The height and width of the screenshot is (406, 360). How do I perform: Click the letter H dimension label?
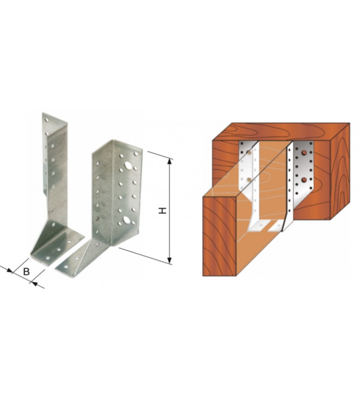tap(162, 211)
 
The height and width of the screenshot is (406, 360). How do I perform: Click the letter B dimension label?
tap(26, 272)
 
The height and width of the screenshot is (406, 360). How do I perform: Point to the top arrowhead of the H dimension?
tap(169, 161)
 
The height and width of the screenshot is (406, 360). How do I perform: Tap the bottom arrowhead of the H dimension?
tap(169, 260)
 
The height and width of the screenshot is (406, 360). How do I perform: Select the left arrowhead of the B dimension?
tap(9, 270)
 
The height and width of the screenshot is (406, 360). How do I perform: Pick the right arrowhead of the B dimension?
tap(34, 284)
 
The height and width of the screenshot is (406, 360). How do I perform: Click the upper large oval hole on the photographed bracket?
tap(128, 165)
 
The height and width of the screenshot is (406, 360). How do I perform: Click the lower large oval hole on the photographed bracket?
tap(126, 220)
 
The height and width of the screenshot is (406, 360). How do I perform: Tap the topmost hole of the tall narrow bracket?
tap(47, 120)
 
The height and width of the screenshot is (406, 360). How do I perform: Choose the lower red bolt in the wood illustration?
tap(305, 179)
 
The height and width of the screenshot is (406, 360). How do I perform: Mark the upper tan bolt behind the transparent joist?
tap(249, 152)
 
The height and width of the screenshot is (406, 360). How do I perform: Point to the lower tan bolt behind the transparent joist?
tap(248, 179)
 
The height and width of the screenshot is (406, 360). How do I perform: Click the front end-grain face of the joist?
tap(220, 236)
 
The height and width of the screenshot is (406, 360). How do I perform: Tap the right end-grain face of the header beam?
tap(340, 171)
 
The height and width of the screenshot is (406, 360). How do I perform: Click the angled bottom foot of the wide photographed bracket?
tap(78, 258)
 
